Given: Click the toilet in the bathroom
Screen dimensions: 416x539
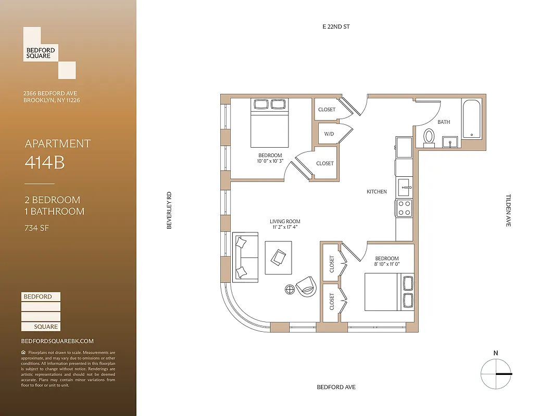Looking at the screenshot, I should (x=429, y=136).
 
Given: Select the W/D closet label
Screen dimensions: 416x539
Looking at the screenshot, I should (x=329, y=134).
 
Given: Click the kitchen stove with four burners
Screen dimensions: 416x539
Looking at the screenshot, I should (x=405, y=208).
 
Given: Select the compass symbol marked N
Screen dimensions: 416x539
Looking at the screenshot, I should (x=495, y=373).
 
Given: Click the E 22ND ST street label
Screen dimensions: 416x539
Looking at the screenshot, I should (x=336, y=26).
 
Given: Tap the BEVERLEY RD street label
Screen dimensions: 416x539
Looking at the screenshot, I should (x=169, y=211).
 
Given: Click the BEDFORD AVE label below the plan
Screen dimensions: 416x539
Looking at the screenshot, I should (x=336, y=387).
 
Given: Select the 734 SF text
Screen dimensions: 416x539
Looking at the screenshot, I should (x=37, y=227).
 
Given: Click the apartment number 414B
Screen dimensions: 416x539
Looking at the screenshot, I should (x=45, y=163).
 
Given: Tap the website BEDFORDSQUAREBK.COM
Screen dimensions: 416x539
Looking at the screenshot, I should (x=57, y=341).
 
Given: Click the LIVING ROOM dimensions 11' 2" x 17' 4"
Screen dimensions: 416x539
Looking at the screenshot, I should (x=286, y=227).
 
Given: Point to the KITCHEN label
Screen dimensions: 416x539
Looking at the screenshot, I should (x=377, y=192).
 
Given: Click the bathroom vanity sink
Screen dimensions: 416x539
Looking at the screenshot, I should (x=450, y=142).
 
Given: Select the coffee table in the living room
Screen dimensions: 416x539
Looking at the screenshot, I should (x=279, y=257).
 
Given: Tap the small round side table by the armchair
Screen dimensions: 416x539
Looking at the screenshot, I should (x=290, y=290).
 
